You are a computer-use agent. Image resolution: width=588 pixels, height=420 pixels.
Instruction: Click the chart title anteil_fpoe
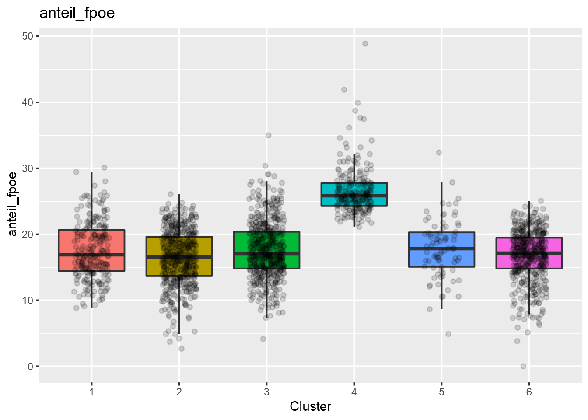[x=77, y=13]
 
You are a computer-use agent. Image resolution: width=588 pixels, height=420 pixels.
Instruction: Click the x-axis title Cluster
[x=310, y=406]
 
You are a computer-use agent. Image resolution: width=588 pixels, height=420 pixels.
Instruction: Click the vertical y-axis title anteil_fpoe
[x=13, y=204]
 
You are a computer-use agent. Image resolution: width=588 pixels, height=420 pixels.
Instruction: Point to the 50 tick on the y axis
[x=28, y=36]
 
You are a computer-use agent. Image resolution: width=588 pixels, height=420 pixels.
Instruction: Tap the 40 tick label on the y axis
[x=28, y=102]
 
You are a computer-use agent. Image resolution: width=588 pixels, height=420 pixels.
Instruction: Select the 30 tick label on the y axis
[x=28, y=168]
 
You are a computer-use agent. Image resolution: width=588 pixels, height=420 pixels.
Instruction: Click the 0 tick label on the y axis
[x=30, y=367]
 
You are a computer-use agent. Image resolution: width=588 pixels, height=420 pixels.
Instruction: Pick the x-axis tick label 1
[x=91, y=392]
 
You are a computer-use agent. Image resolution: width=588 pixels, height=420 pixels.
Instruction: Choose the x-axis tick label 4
[x=354, y=392]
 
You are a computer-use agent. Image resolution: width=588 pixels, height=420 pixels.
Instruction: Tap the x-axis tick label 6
[x=529, y=392]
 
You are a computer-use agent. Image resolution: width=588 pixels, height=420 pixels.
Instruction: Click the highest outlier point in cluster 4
[x=365, y=44]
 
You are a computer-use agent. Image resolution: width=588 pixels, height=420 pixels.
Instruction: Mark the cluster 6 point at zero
[x=523, y=366]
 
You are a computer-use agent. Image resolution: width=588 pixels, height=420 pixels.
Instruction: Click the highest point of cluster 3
[x=269, y=135]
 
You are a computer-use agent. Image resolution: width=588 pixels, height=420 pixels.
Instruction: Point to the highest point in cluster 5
[x=439, y=153]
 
